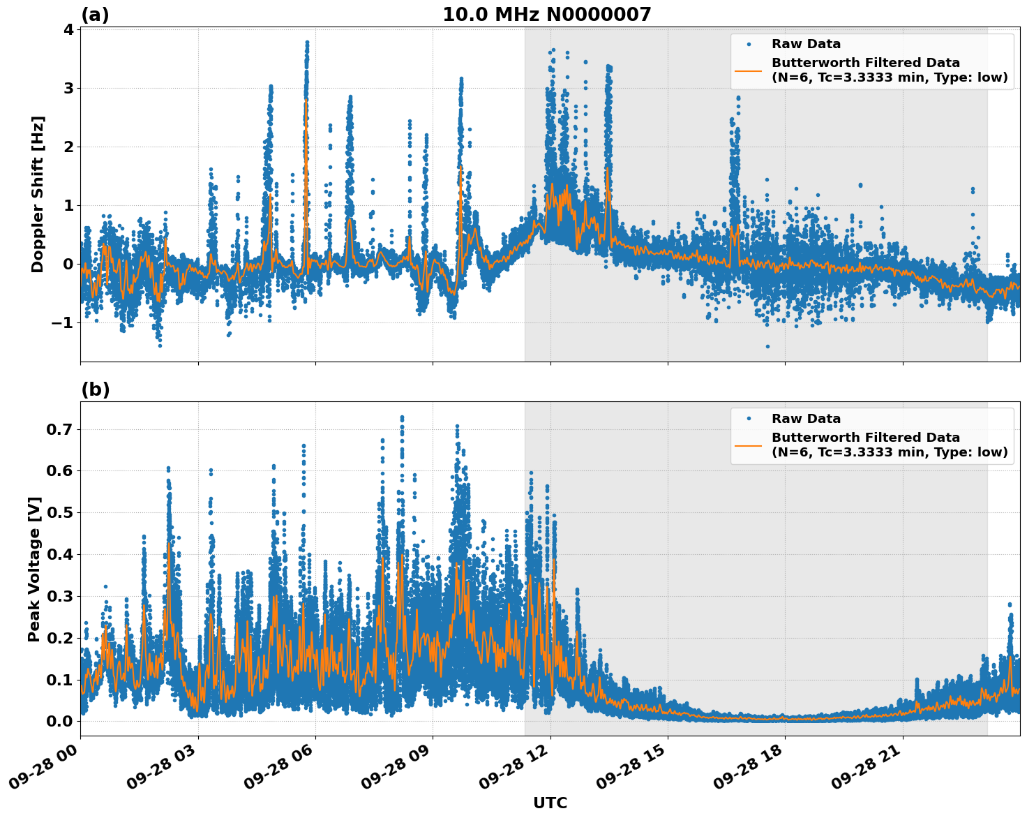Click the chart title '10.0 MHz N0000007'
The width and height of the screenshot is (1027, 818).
click(x=546, y=15)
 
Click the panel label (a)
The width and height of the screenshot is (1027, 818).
click(x=95, y=15)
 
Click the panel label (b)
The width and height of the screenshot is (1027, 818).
click(x=95, y=389)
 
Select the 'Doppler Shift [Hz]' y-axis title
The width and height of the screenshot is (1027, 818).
click(x=38, y=194)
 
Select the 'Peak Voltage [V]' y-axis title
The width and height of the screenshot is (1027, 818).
click(x=34, y=569)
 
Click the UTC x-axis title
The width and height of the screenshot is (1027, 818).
click(x=550, y=803)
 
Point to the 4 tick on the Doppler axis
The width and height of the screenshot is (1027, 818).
click(x=68, y=29)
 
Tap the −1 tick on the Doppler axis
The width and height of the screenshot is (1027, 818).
click(x=63, y=322)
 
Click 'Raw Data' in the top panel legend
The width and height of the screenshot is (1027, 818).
click(x=806, y=44)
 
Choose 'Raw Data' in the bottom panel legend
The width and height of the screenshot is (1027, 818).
click(x=806, y=419)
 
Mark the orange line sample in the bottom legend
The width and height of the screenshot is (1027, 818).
click(x=749, y=445)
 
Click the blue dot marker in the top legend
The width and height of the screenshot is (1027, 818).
click(x=749, y=44)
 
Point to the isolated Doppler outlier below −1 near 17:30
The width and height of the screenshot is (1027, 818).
click(x=767, y=346)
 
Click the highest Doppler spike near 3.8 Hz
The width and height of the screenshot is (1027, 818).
click(x=306, y=43)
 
